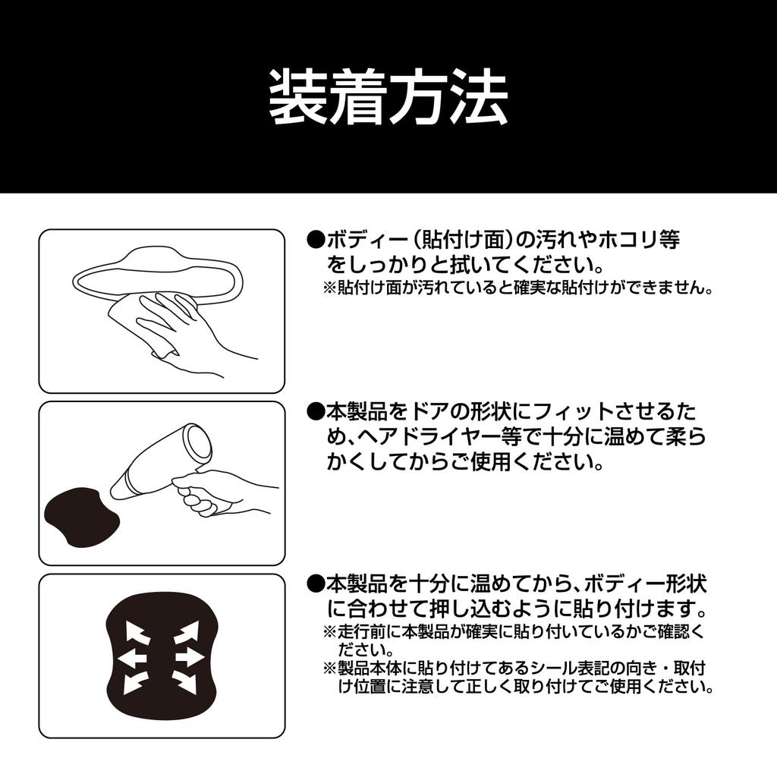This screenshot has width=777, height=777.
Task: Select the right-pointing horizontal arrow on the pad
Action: [190, 657]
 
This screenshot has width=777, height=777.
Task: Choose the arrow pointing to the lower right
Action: [186, 682]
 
